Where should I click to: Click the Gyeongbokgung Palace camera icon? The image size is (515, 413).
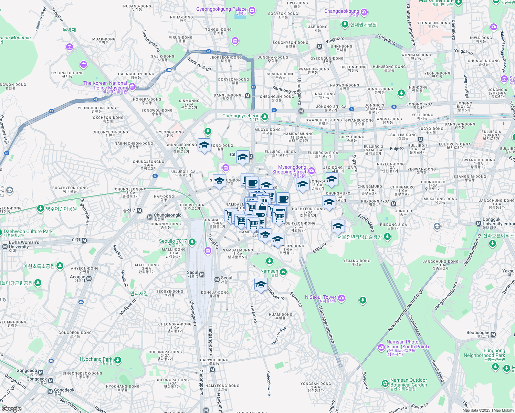[x=252, y=10]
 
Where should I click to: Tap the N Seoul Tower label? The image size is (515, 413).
[x=320, y=297]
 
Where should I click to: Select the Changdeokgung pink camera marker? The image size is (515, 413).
[x=364, y=12]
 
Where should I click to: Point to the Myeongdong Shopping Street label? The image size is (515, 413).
[x=292, y=169]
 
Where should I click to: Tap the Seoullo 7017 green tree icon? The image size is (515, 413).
[x=192, y=242]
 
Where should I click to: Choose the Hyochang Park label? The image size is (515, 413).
[x=96, y=359]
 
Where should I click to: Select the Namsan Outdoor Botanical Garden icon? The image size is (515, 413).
[x=385, y=383]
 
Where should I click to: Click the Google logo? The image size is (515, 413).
[x=12, y=409]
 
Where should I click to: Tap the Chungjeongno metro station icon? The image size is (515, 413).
[x=150, y=217]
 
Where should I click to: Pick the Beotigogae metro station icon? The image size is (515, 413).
[x=493, y=334]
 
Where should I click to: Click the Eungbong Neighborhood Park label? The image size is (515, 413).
[x=484, y=353]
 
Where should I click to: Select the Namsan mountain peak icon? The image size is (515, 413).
[x=283, y=272]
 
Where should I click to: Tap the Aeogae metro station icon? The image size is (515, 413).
[x=89, y=278]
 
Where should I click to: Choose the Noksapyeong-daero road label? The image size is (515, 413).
[x=327, y=325]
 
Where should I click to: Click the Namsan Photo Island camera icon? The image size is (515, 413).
[x=381, y=347]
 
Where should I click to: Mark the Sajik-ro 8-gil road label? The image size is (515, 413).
[x=199, y=64]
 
